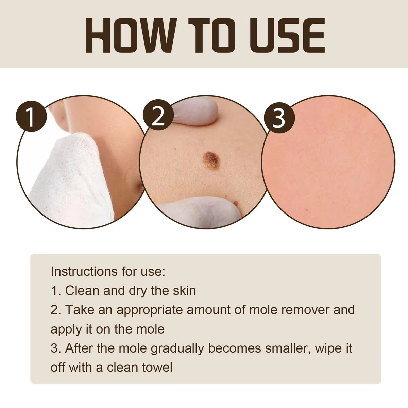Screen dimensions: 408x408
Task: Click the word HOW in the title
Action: [131, 35]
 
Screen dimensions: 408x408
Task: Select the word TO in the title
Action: [212, 35]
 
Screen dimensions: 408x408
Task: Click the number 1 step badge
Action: [31, 116]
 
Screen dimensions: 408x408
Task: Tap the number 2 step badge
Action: [158, 115]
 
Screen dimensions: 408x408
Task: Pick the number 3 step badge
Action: [279, 118]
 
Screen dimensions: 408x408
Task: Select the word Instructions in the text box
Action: [84, 271]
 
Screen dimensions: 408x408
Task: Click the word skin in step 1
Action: [184, 290]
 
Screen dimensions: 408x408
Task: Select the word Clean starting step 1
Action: [82, 290]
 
